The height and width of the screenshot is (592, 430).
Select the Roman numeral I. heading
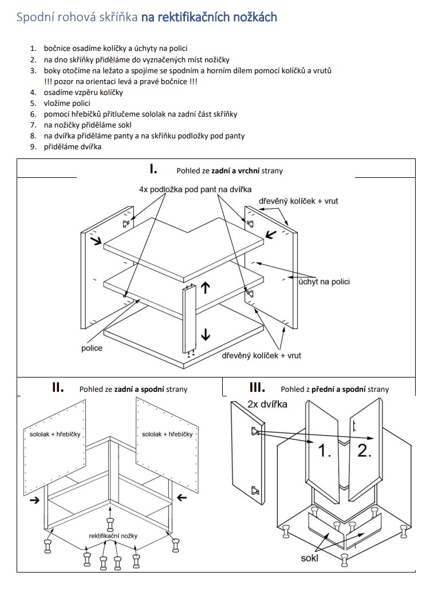pos(153,169)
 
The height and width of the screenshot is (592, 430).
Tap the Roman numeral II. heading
pos(58,387)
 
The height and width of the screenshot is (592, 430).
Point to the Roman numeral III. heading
pos(258,387)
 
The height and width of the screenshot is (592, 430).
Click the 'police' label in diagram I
pos(92,348)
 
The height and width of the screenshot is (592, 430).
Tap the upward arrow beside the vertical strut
pos(206,288)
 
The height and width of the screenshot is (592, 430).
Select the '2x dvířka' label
pos(267,404)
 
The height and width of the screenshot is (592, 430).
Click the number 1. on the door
pos(325,451)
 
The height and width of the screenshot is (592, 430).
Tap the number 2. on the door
pos(364,450)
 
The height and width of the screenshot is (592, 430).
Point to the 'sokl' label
pos(310,558)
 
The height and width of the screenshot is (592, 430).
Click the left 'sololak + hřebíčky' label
pos(56,435)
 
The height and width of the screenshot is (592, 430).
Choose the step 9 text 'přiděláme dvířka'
pos(74,147)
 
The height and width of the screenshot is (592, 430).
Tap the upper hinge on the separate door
pos(253,431)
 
